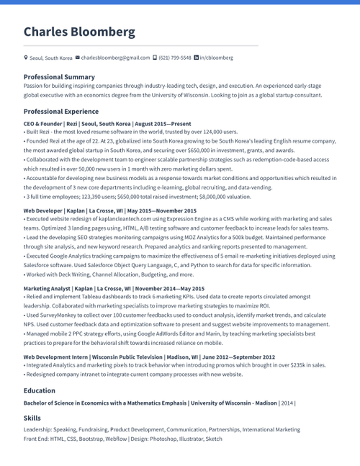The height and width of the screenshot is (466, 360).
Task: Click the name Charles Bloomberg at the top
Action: tap(79, 32)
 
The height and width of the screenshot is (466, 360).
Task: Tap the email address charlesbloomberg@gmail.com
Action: tap(115, 58)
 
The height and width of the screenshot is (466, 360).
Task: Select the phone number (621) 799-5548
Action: tap(175, 58)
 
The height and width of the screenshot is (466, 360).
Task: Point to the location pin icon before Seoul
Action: tap(26, 58)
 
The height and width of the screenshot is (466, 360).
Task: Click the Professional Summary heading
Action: tap(59, 76)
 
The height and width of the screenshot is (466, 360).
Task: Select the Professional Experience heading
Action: tap(61, 112)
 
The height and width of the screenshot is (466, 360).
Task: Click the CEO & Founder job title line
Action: tap(107, 124)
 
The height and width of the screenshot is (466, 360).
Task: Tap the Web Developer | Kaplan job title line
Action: tap(109, 210)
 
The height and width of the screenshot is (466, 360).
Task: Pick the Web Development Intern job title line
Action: tap(149, 357)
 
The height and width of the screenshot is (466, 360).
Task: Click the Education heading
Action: tap(40, 390)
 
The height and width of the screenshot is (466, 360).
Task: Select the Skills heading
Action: tap(32, 418)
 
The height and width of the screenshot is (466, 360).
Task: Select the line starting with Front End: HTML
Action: tap(122, 439)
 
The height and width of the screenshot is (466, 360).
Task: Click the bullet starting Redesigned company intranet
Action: tap(133, 375)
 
